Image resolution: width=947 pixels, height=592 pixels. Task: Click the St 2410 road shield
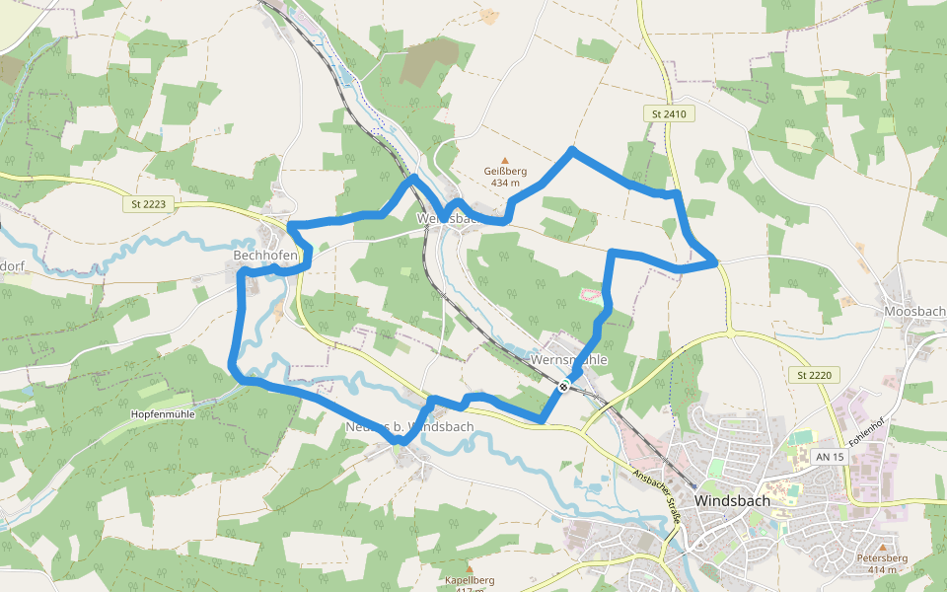668,114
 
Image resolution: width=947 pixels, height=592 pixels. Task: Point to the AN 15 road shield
831,457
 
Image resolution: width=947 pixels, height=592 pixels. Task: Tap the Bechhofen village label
265,256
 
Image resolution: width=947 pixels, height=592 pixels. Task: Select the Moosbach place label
915,312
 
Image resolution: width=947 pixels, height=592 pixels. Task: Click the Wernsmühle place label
568,360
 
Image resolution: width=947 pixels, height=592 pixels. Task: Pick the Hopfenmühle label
162,414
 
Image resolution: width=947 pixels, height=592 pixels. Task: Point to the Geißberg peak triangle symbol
505,160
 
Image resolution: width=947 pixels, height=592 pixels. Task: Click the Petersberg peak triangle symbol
882,546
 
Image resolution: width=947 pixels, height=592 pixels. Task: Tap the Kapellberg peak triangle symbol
469,568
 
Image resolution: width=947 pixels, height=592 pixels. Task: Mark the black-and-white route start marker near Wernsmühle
562,387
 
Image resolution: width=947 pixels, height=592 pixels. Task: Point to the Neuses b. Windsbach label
410,426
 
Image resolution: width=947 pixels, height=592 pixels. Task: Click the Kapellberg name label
470,580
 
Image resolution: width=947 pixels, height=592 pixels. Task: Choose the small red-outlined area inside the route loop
589,293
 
